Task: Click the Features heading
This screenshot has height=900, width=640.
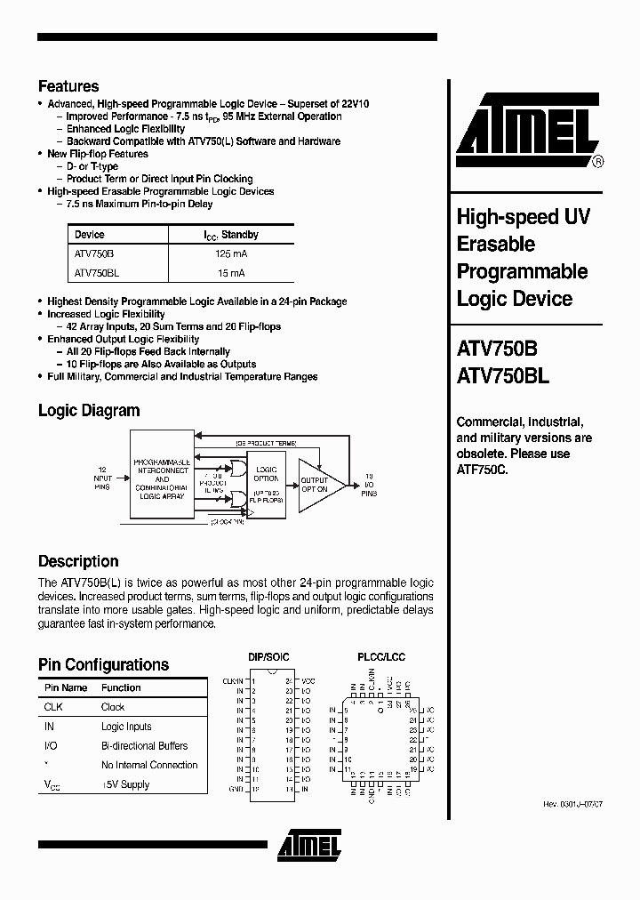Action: tap(68, 86)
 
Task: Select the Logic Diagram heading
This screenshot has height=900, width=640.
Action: tap(89, 411)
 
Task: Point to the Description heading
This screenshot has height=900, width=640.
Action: tap(78, 561)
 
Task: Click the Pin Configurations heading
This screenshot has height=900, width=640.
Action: tap(103, 664)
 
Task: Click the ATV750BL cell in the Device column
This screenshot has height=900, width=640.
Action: tap(97, 273)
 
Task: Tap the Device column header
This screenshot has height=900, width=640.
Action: tap(90, 235)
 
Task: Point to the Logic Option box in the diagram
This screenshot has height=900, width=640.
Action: tap(267, 484)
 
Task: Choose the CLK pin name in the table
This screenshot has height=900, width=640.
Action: tap(53, 707)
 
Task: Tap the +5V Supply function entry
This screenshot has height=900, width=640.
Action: tap(125, 784)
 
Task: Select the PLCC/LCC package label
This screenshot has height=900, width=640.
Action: tap(381, 656)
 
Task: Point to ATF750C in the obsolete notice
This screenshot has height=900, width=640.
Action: tap(481, 469)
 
